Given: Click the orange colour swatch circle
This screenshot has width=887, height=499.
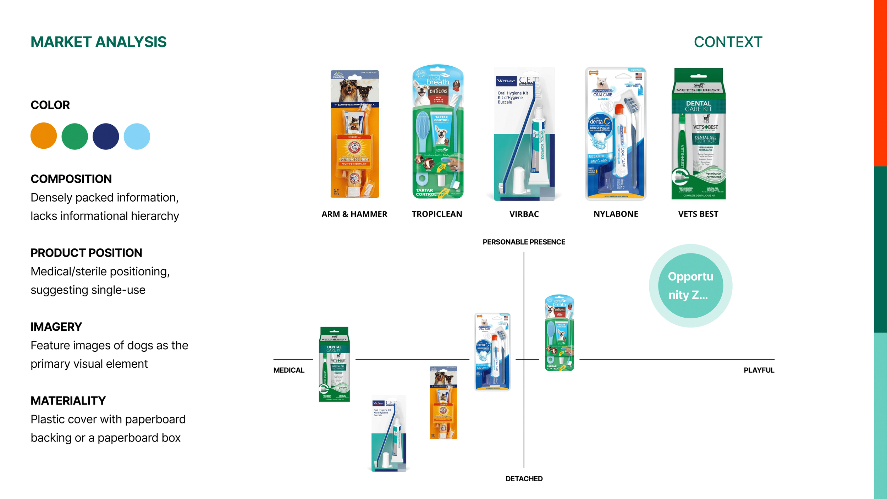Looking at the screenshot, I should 44,136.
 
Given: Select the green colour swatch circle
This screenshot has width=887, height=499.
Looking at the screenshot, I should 75,136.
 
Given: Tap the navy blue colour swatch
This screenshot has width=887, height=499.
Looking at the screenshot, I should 106,136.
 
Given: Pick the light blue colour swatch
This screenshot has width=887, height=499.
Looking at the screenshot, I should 137,136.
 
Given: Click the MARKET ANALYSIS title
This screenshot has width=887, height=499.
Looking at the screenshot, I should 98,42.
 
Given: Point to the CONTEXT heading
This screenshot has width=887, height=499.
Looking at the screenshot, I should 728,42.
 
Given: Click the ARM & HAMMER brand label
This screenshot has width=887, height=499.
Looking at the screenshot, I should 354,214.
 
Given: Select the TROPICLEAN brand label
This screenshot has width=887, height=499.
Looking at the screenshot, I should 437,214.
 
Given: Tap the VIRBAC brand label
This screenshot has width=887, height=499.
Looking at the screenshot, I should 524,214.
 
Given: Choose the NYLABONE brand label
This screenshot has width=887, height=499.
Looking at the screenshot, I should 616,214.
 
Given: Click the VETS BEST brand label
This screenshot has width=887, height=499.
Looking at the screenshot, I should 698,214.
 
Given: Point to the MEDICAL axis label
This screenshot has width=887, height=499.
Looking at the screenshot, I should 289,370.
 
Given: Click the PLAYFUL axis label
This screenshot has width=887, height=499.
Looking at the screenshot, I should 759,370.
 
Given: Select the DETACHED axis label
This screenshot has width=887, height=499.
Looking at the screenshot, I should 524,479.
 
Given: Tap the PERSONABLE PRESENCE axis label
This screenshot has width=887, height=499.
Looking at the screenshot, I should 524,242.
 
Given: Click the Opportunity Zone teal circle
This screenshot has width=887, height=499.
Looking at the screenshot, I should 690,286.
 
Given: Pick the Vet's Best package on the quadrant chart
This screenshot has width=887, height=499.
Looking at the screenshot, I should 334,364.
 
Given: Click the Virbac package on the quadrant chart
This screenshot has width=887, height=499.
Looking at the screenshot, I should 389,433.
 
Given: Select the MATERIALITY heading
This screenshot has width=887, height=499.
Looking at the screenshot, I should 68,401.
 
